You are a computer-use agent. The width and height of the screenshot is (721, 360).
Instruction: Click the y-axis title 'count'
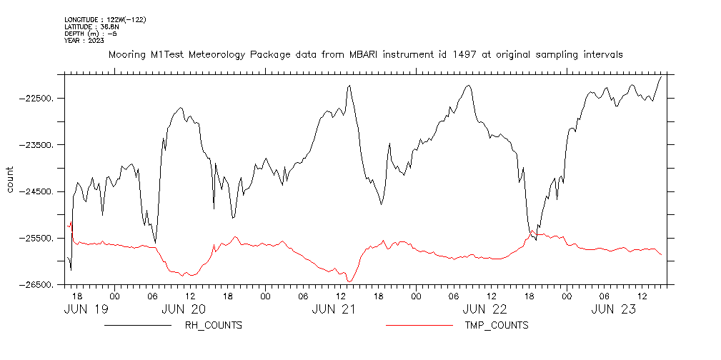[10, 179]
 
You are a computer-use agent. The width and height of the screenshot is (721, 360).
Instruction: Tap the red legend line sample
[419, 326]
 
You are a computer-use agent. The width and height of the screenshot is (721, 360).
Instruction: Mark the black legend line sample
[138, 326]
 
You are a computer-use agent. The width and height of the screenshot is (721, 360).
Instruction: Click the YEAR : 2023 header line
[84, 41]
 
